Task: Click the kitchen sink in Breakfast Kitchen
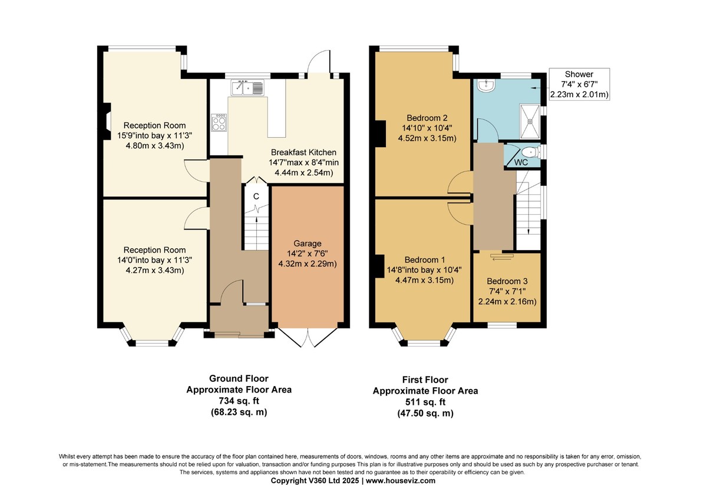pos(247,87)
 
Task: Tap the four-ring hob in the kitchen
pos(219,122)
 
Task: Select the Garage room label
pos(308,244)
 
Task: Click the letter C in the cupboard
pos(256,197)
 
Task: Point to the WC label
pos(521,162)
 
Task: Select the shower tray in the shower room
pos(530,122)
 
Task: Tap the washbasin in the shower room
pos(487,86)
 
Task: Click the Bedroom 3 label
pos(507,281)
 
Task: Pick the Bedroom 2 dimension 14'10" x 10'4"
pos(427,128)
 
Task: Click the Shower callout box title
pos(579,74)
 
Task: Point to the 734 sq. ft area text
pos(239,401)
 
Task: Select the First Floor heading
pos(425,380)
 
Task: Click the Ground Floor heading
pos(239,378)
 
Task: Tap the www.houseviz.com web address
pos(401,481)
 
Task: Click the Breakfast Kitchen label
pos(303,152)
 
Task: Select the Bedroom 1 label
pos(425,260)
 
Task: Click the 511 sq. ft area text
pos(425,402)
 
